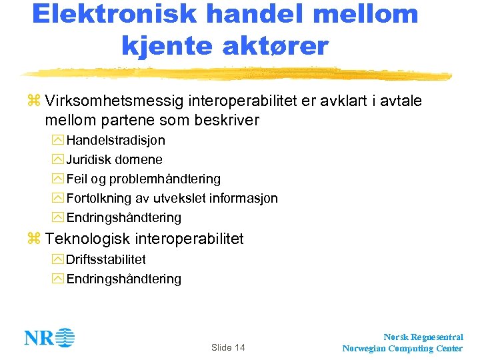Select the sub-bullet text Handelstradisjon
coord(115,141)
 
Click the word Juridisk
coord(89,160)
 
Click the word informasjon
coord(243,199)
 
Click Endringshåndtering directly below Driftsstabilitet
coord(123,279)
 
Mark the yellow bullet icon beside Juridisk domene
coord(57,160)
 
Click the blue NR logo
coord(49,338)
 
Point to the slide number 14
coord(239,348)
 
